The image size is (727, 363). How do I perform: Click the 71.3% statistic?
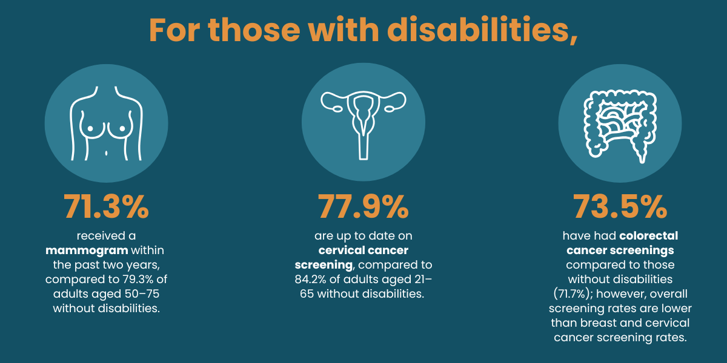tap(107, 208)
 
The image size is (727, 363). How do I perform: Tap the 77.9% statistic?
tap(363, 208)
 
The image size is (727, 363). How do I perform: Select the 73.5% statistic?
tap(620, 208)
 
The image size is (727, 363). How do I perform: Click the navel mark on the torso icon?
tap(107, 152)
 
